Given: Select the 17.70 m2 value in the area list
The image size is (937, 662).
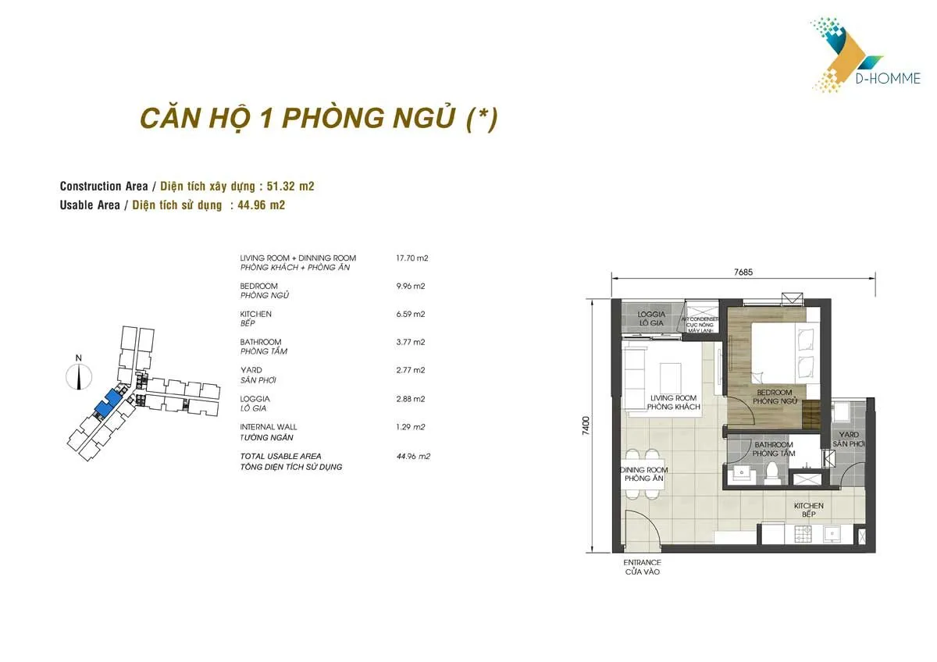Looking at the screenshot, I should [413, 258].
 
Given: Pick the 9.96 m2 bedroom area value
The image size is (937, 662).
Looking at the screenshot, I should [411, 286].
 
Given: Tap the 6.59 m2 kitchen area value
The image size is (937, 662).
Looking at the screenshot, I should [411, 314].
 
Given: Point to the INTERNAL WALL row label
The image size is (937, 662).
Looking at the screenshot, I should [269, 427].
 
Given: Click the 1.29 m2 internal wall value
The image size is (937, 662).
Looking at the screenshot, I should [411, 427].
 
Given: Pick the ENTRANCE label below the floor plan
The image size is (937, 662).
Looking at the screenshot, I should [642, 563].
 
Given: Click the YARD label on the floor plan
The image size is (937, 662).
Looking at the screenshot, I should [848, 435].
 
